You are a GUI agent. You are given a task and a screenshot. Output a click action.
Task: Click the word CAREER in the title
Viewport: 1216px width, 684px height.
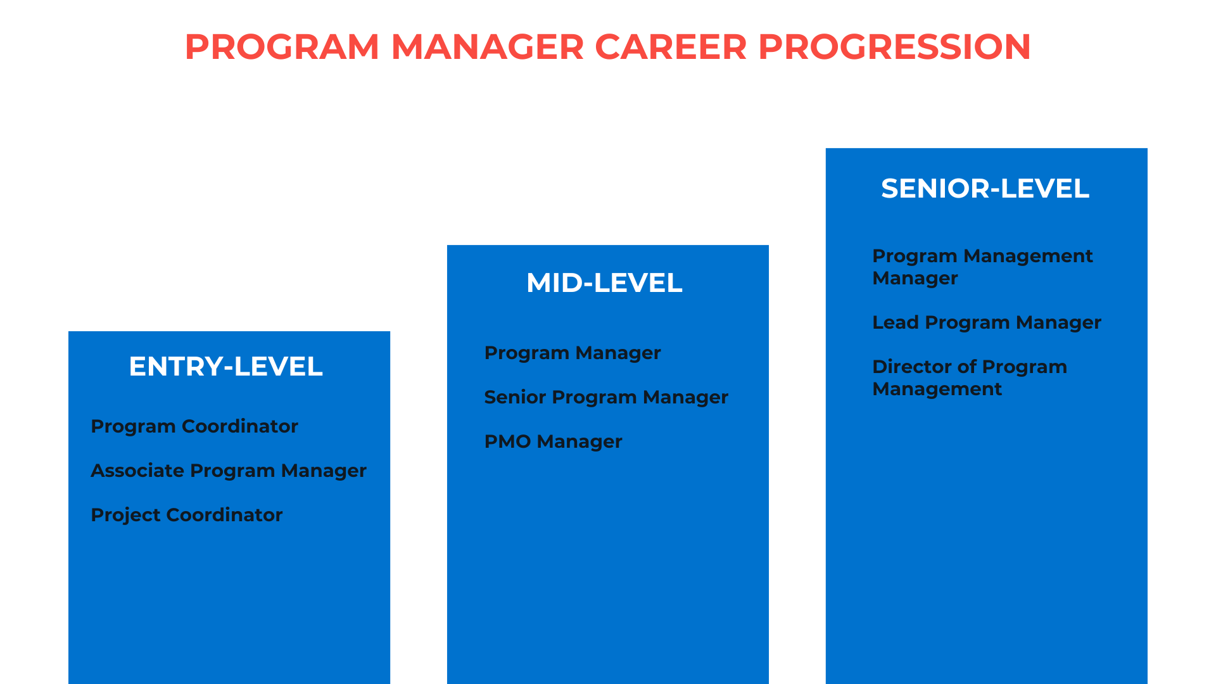(671, 47)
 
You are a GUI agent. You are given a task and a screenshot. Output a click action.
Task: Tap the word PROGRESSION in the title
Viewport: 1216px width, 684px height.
(894, 47)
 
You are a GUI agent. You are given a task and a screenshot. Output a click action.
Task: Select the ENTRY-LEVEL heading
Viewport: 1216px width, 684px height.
(226, 366)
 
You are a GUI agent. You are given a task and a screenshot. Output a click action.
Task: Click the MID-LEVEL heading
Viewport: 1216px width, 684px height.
(604, 282)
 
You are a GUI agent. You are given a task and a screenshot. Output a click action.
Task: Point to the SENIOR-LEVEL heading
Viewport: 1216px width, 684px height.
(985, 188)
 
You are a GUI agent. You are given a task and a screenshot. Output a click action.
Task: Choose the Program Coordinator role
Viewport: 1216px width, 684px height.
(194, 426)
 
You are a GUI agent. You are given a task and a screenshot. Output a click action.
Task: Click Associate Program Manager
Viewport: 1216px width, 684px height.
(229, 471)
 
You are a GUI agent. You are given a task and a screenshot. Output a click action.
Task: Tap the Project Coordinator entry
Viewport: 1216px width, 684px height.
(187, 515)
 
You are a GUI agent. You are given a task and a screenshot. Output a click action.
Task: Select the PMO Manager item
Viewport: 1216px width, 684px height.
(553, 441)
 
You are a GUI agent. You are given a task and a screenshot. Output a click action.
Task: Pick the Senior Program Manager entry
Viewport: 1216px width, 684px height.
(606, 397)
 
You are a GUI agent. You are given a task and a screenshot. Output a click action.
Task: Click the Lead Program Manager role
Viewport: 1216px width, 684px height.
(987, 322)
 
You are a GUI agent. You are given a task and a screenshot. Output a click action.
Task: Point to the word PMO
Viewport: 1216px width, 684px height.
(507, 441)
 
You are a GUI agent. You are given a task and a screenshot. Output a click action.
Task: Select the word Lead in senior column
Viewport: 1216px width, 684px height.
(895, 322)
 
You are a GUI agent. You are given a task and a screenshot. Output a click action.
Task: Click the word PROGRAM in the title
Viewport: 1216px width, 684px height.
(282, 47)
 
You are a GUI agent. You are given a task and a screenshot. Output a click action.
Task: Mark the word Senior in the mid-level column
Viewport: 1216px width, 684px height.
(515, 397)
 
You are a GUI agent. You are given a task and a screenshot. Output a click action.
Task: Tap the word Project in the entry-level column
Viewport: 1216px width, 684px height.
(125, 516)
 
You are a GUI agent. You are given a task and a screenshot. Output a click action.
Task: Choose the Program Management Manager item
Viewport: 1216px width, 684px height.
(982, 267)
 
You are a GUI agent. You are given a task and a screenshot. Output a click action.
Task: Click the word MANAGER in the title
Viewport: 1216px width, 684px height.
(487, 47)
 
